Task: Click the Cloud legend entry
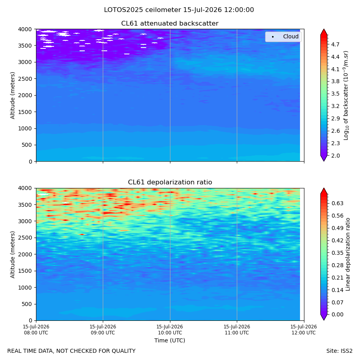click(283, 36)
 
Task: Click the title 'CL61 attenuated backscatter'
click(170, 24)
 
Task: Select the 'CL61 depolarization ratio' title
click(170, 182)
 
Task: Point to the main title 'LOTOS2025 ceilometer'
click(142, 10)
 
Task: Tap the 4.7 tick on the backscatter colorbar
click(335, 44)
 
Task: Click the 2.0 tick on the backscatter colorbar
click(335, 156)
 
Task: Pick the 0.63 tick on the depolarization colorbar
click(337, 204)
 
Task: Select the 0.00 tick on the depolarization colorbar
click(337, 314)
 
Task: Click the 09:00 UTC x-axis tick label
click(103, 330)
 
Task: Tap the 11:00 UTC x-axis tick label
click(237, 330)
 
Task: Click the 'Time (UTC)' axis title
click(170, 340)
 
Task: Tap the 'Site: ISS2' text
click(339, 351)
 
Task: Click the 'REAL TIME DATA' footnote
click(72, 351)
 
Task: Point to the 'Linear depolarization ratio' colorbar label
click(348, 254)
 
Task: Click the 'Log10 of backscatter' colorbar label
click(346, 96)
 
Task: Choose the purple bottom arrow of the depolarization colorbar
click(324, 317)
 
